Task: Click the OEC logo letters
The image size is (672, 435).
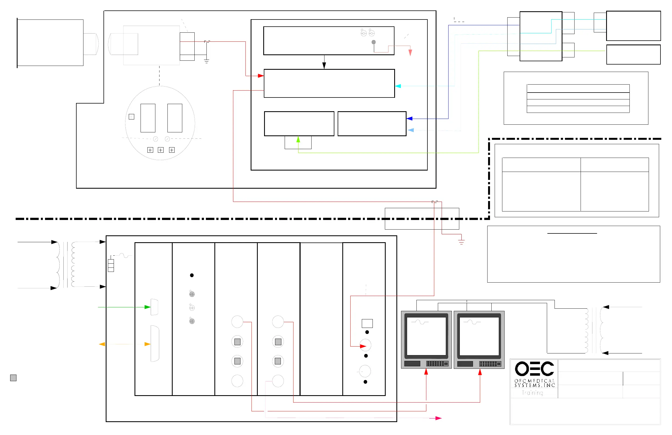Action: click(x=534, y=369)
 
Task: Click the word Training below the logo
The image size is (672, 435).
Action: click(x=532, y=393)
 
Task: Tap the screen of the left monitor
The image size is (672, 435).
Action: click(x=426, y=336)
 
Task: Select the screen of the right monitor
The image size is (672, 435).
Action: click(x=479, y=336)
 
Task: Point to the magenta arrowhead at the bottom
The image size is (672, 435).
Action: click(x=438, y=418)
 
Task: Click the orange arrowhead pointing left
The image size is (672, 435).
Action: click(x=102, y=344)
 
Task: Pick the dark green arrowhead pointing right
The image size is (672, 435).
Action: click(x=147, y=307)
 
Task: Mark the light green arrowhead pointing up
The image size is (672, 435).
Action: click(x=298, y=139)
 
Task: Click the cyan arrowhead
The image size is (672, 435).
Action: click(x=398, y=86)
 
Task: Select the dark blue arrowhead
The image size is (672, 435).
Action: click(x=409, y=119)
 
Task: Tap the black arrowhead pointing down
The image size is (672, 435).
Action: click(x=324, y=66)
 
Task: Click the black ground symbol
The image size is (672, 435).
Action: click(x=207, y=61)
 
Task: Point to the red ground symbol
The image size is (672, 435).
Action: click(x=461, y=242)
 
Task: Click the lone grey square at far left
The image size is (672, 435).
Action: click(x=13, y=378)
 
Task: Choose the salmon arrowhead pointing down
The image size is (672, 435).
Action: click(x=410, y=52)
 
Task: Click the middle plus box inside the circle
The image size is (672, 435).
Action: click(x=161, y=150)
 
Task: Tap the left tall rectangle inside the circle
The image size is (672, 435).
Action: click(x=148, y=118)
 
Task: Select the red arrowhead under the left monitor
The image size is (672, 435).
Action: click(x=426, y=372)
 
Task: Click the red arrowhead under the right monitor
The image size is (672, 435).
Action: click(x=480, y=372)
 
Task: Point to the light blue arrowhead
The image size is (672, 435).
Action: click(x=411, y=130)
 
